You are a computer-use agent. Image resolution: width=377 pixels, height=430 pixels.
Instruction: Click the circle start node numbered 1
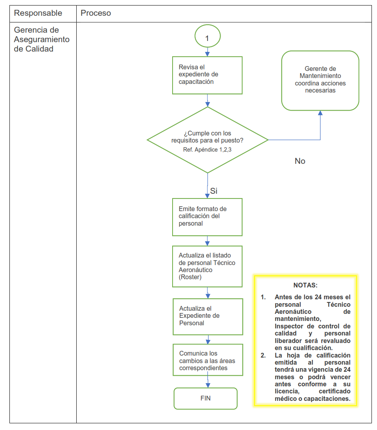(x=207, y=38)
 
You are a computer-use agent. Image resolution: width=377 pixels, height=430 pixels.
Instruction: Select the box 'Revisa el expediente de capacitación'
(x=207, y=75)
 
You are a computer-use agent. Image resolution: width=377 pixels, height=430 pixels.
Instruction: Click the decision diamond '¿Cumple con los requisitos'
(x=207, y=140)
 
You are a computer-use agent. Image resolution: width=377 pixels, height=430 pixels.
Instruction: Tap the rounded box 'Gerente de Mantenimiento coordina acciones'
(x=320, y=80)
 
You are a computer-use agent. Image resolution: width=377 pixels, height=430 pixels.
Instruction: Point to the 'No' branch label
(x=300, y=161)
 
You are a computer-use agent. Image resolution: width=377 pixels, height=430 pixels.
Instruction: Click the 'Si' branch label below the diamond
(x=214, y=191)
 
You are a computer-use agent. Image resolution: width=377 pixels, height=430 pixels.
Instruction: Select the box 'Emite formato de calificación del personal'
(x=207, y=217)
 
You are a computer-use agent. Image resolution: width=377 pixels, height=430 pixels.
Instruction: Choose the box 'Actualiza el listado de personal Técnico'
(x=207, y=266)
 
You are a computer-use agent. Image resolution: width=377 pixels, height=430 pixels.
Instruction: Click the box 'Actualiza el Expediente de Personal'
(x=208, y=316)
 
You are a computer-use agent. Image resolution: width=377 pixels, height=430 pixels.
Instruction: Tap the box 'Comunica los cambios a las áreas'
(x=208, y=360)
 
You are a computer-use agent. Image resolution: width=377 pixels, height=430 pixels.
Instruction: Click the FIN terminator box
(x=206, y=398)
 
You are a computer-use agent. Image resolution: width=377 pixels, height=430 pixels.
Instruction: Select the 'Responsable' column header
(x=38, y=13)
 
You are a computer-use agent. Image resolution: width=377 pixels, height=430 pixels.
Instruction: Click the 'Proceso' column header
(x=96, y=13)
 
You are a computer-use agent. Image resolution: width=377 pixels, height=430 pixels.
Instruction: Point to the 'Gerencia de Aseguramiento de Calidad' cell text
(x=42, y=39)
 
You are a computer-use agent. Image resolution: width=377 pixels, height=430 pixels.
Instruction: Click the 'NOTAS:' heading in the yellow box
(x=305, y=285)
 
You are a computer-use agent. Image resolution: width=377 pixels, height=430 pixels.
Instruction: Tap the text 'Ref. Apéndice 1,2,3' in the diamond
(x=207, y=150)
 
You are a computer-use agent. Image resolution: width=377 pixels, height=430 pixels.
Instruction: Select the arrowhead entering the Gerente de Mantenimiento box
(x=320, y=113)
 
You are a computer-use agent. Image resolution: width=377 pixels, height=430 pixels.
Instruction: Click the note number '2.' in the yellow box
(x=263, y=355)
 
